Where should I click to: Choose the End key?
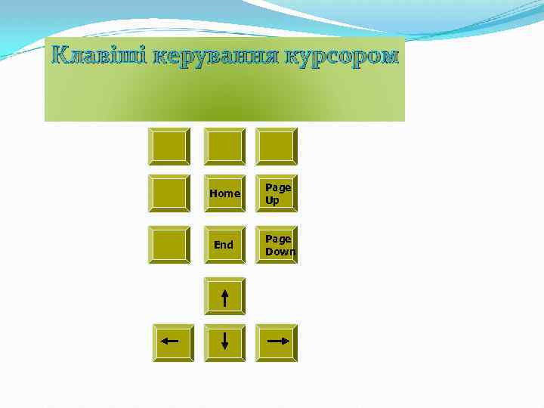coord(224,245)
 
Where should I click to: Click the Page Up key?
coord(277,193)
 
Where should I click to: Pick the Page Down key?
coord(277,245)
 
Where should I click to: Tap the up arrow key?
coord(224,296)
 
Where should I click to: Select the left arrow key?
coord(172,342)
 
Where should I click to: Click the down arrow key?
coord(224,342)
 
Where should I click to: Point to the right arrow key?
coord(277,342)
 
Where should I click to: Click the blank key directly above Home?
coord(224,146)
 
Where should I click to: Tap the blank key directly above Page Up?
coord(277,146)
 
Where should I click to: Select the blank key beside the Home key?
coord(169,193)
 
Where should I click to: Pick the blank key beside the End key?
coord(169,245)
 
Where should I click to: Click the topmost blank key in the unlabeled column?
coord(169,146)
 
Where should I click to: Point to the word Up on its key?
coord(272,201)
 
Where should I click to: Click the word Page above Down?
coord(277,239)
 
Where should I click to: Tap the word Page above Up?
coord(277,187)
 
